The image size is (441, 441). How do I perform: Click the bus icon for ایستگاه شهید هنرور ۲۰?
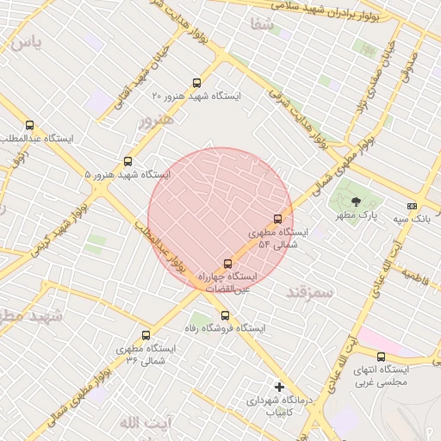(197, 84)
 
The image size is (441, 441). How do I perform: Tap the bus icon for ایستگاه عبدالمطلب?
(30, 126)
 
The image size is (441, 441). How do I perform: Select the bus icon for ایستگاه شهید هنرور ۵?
(128, 161)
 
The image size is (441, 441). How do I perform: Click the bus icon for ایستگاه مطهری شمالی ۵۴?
(277, 220)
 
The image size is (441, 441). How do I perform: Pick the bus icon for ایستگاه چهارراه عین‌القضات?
(227, 264)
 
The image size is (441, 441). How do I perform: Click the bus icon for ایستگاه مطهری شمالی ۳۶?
(145, 336)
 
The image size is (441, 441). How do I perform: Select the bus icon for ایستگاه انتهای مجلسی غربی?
(381, 357)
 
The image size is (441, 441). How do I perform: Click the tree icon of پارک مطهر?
(357, 202)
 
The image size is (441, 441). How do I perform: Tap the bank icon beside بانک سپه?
(413, 207)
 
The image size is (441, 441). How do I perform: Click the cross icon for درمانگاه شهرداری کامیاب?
(278, 387)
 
